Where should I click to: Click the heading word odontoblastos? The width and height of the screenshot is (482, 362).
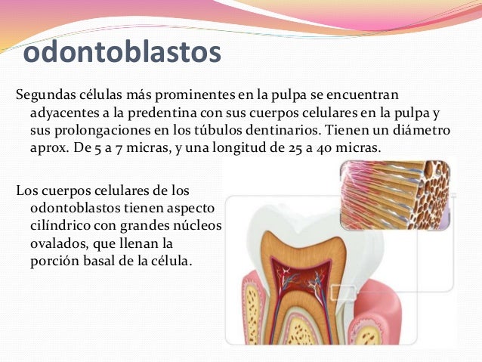coord(122,53)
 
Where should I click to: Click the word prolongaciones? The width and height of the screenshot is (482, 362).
coord(102,130)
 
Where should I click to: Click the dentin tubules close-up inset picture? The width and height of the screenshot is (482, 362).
coord(394,194)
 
